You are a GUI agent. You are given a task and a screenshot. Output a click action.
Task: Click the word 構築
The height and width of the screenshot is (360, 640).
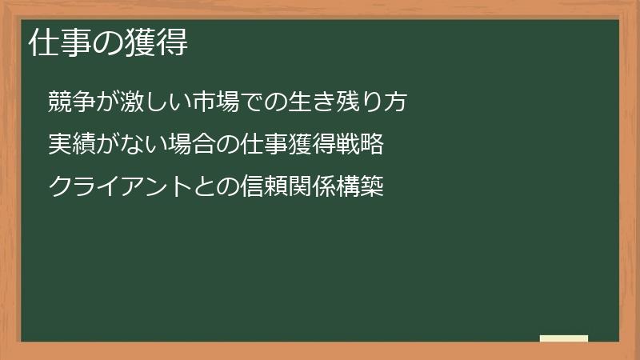(362, 187)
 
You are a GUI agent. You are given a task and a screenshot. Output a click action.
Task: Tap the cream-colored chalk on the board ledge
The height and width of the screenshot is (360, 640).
(564, 338)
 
